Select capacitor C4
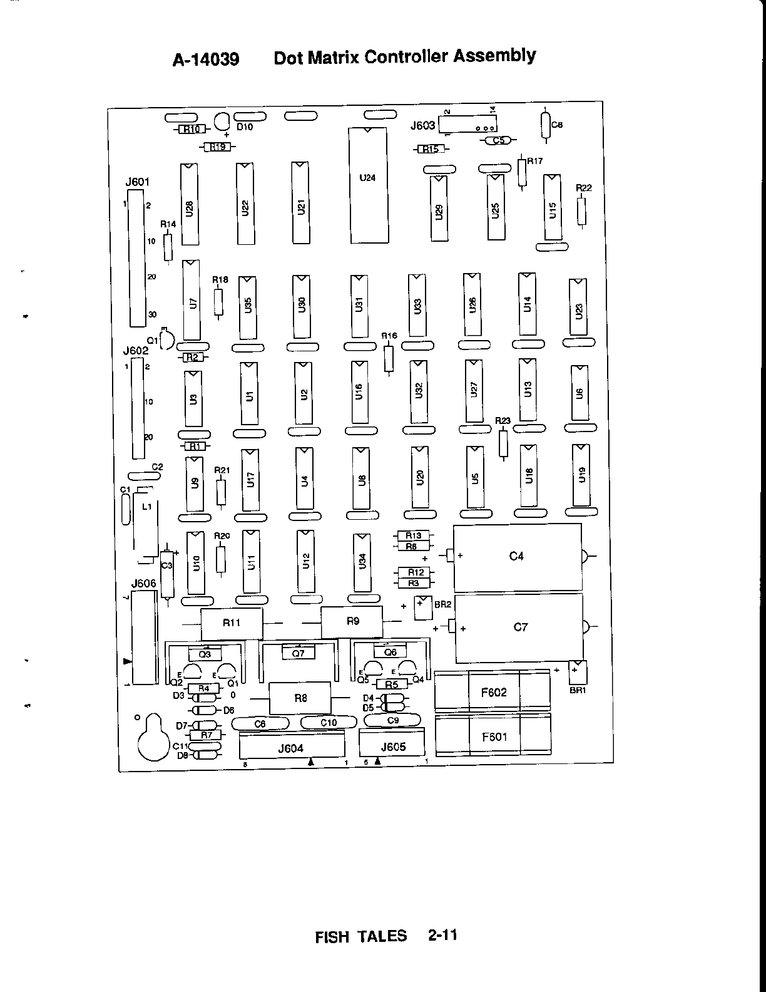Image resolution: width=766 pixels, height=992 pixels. click(517, 557)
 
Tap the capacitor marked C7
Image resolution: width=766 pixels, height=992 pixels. click(519, 628)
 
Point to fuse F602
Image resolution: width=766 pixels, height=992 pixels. click(493, 693)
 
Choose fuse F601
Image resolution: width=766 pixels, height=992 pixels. click(493, 737)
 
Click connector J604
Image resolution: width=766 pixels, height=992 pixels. click(292, 748)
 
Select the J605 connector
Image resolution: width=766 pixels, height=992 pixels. click(392, 745)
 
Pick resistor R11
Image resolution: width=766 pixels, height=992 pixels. click(231, 623)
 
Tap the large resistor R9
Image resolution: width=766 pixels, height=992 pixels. click(352, 622)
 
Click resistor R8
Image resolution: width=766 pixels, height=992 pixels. click(300, 698)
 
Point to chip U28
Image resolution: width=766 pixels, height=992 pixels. click(189, 205)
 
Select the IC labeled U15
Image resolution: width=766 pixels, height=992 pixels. click(552, 207)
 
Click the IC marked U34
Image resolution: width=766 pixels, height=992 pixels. click(362, 562)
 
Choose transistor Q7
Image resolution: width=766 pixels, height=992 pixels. click(298, 653)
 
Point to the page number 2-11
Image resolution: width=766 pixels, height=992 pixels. click(443, 936)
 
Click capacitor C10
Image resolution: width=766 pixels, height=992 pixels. click(329, 723)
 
